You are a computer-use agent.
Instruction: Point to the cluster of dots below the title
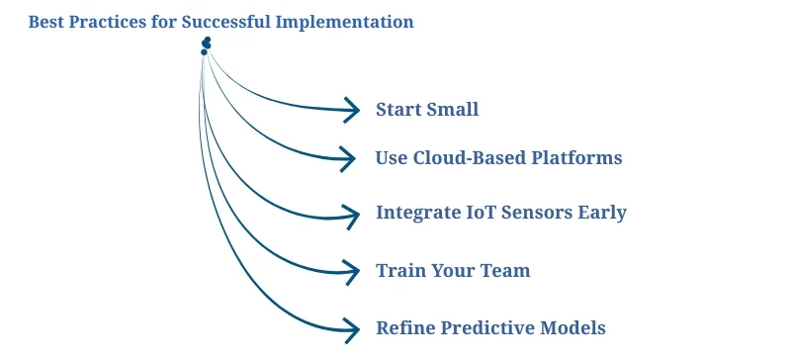[x=206, y=45]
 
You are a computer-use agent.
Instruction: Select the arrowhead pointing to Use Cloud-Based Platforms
[x=348, y=158]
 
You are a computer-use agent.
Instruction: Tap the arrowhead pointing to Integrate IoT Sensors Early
[x=349, y=214]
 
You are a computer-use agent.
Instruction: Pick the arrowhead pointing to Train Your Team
[x=349, y=269]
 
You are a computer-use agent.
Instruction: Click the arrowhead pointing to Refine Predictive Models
[x=350, y=328]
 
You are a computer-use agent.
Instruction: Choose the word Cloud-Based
[x=468, y=158]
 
